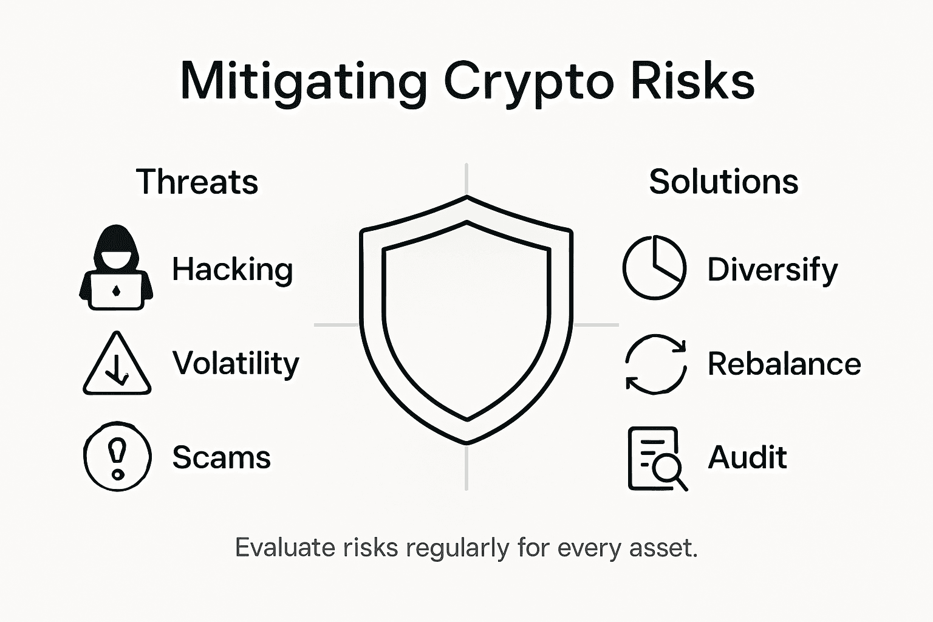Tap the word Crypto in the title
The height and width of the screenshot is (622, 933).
pos(529,81)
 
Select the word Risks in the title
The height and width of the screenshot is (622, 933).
pos(692,81)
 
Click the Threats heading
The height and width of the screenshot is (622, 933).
pos(197,182)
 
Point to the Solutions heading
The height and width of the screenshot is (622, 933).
pos(723,182)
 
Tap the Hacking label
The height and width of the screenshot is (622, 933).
pos(233,269)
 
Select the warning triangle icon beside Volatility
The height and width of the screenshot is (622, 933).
pos(117,364)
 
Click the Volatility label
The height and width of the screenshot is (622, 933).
pos(236,363)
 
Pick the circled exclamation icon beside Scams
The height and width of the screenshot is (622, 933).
pos(117,456)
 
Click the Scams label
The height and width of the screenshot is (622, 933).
pos(221,457)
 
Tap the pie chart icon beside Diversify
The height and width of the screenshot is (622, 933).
pos(654,268)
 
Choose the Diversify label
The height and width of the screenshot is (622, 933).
pos(772,270)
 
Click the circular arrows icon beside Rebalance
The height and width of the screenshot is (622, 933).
pos(655,364)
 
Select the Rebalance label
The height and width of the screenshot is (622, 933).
pos(784,364)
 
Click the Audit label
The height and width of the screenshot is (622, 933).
pos(747,457)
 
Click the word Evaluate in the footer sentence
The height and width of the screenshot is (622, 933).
pos(284,548)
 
